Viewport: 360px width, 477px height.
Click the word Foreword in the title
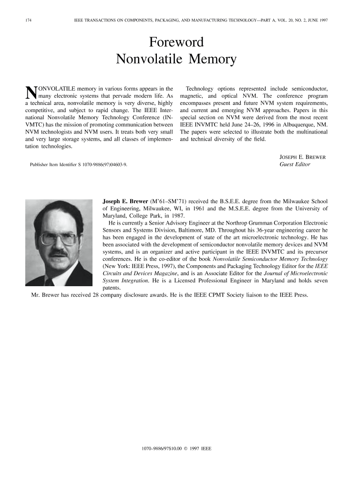(176, 42)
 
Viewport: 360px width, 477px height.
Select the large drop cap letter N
(31, 93)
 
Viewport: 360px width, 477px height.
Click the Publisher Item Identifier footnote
(79, 165)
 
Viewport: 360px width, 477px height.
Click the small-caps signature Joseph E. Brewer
(302, 157)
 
